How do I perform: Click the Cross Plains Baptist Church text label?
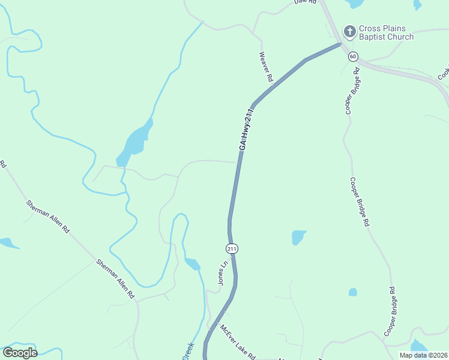click(x=386, y=32)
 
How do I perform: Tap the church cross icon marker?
click(x=349, y=31)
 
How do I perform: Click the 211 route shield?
click(x=232, y=248)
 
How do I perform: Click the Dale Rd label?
click(x=305, y=2)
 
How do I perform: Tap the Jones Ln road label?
click(x=223, y=273)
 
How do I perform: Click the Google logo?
click(x=20, y=353)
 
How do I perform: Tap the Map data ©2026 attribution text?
click(x=424, y=355)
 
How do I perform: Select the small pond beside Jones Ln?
click(x=192, y=263)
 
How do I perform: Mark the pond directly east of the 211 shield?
click(x=298, y=237)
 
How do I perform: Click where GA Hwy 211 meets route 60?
click(x=340, y=43)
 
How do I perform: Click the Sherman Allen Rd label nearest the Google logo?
click(x=116, y=280)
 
